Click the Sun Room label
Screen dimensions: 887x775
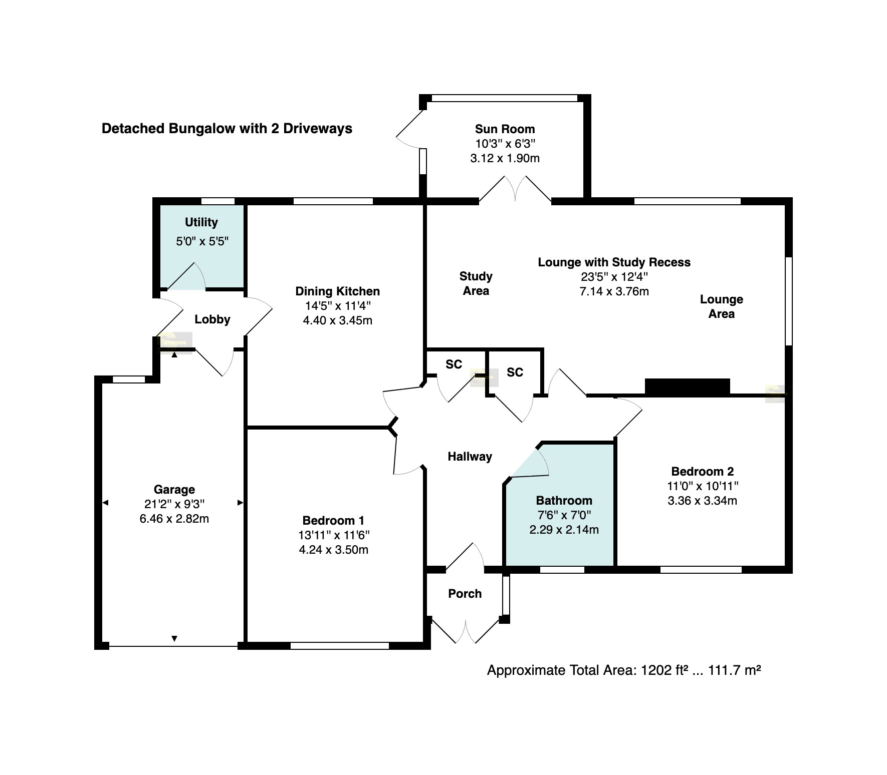[x=505, y=129]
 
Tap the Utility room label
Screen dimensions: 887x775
[x=201, y=222]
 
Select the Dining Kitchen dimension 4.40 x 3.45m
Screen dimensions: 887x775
[x=338, y=320]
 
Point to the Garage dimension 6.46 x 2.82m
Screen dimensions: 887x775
[x=174, y=519]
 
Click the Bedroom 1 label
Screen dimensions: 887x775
[x=334, y=521]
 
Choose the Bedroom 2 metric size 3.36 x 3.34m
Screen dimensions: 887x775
[x=703, y=501]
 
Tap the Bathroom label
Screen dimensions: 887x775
[x=564, y=501]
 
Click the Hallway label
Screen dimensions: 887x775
[x=470, y=457]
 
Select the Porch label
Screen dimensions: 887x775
[x=465, y=594]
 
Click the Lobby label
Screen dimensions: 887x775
[x=212, y=319]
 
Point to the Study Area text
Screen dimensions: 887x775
[x=476, y=283]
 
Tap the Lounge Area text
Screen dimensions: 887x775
[x=722, y=306]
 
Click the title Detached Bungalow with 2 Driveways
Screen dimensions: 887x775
[x=227, y=129]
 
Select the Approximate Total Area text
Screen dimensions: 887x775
[x=624, y=670]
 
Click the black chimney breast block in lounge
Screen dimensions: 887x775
[x=688, y=387]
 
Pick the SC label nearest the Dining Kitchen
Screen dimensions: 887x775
[x=454, y=364]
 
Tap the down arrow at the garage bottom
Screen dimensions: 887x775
[x=174, y=638]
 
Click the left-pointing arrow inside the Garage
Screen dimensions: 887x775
[x=105, y=503]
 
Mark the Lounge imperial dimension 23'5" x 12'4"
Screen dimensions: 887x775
[x=614, y=277]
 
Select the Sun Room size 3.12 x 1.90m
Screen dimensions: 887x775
[x=505, y=159]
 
